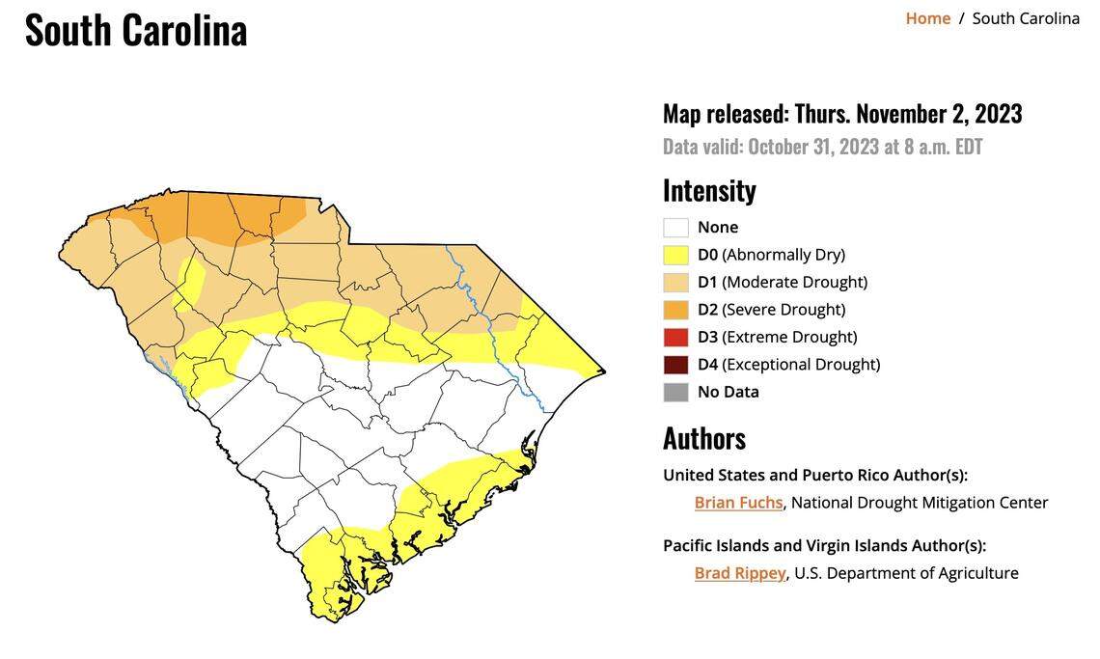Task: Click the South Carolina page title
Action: tap(136, 30)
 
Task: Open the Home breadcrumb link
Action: tap(927, 18)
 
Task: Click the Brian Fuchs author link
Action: tap(738, 503)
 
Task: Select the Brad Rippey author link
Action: tap(739, 573)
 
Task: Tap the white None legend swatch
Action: tap(675, 228)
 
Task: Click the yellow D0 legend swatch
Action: tap(675, 255)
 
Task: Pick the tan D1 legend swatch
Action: tap(675, 282)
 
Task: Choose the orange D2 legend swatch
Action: tap(675, 310)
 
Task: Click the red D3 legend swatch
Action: tap(675, 337)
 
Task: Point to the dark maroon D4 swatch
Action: tap(675, 365)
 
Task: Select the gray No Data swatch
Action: tap(675, 392)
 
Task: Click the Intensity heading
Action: tap(709, 190)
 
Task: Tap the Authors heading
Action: tap(703, 438)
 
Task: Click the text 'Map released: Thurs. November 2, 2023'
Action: tap(841, 114)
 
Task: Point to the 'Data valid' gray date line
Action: tap(822, 147)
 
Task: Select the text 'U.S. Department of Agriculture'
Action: tap(906, 573)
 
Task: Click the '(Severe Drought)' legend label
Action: tap(784, 310)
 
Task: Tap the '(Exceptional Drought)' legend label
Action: tap(801, 365)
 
